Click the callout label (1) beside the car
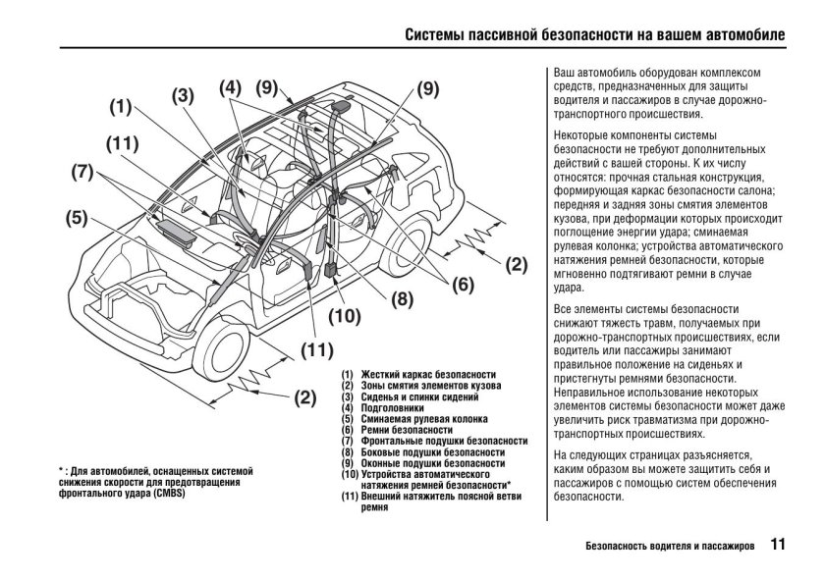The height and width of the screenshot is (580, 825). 120,107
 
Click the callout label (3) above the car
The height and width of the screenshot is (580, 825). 184,96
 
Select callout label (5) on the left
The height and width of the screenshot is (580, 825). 78,218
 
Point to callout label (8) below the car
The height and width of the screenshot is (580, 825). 402,301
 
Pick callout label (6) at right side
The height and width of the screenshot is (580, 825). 464,286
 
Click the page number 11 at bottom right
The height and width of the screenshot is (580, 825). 778,543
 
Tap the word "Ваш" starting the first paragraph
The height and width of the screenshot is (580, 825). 566,74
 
